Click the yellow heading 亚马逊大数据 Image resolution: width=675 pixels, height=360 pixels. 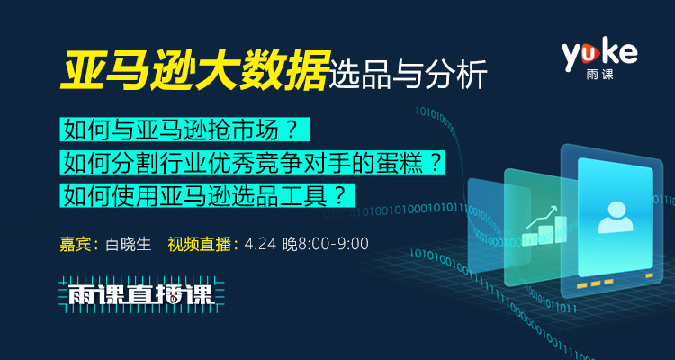193,70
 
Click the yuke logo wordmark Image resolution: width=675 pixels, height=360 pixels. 599,53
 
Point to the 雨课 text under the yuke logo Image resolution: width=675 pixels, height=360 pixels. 599,74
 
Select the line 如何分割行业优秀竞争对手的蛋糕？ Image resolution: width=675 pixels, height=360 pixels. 252,163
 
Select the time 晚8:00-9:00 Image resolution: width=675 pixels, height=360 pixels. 326,244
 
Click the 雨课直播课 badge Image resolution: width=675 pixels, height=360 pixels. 141,294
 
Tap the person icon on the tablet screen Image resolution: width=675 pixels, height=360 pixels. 616,218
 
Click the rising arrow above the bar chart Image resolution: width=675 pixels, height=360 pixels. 542,217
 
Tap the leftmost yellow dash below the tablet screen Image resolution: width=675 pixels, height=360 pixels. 582,284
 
